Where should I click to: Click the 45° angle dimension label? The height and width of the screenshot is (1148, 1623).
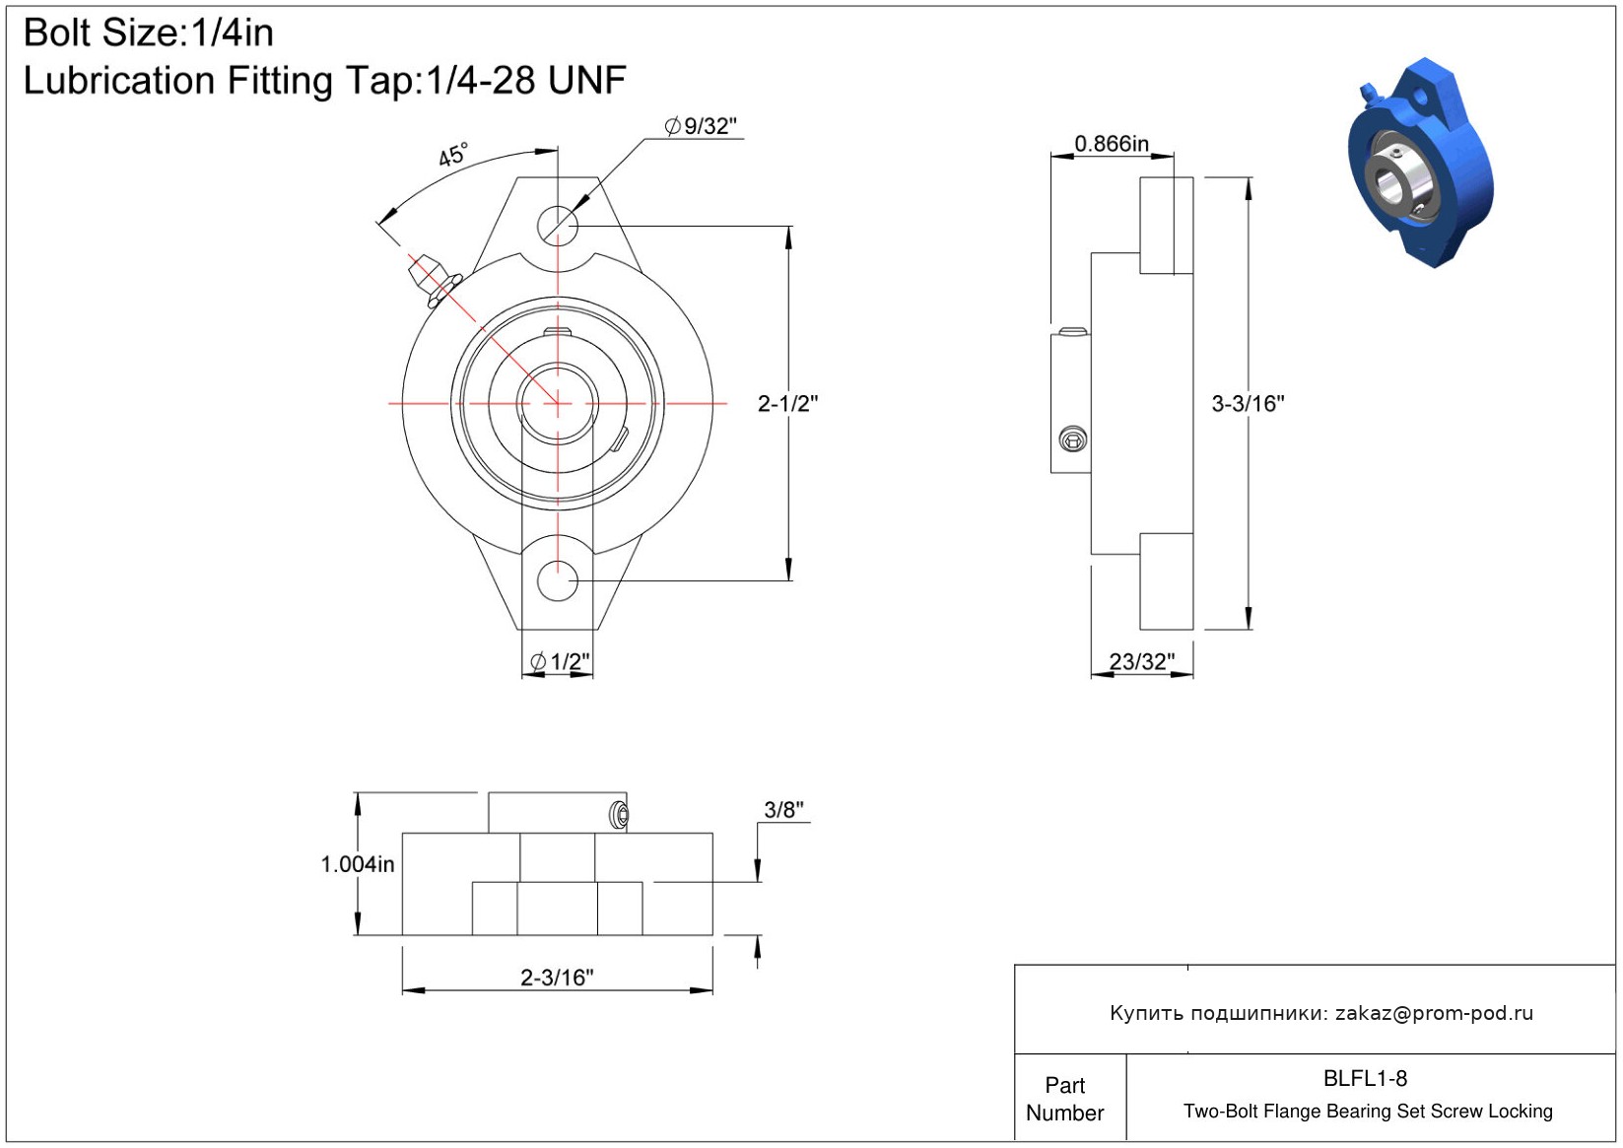tap(454, 154)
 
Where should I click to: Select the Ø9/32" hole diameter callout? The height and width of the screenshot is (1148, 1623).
tap(700, 126)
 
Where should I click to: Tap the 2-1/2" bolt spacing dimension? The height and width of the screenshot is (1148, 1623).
tap(787, 404)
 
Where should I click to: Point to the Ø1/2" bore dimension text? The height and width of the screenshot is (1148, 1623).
tap(560, 661)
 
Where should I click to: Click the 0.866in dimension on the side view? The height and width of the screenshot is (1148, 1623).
tap(1111, 144)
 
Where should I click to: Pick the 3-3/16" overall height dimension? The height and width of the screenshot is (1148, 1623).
tap(1248, 404)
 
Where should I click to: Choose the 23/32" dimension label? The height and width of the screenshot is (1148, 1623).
tap(1142, 661)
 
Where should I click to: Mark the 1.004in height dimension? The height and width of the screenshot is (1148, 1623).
tap(357, 864)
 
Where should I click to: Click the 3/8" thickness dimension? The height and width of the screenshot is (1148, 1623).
tap(784, 810)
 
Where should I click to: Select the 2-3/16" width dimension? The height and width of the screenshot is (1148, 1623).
tap(557, 978)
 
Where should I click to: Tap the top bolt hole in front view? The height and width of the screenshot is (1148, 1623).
tap(557, 226)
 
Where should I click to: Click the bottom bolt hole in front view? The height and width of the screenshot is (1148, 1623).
tap(557, 580)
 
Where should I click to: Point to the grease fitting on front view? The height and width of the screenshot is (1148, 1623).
tap(434, 279)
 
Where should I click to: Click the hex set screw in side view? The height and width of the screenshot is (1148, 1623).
tap(1072, 439)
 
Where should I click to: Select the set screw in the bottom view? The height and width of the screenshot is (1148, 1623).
tap(619, 815)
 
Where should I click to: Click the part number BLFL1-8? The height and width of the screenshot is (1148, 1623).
tap(1365, 1078)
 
